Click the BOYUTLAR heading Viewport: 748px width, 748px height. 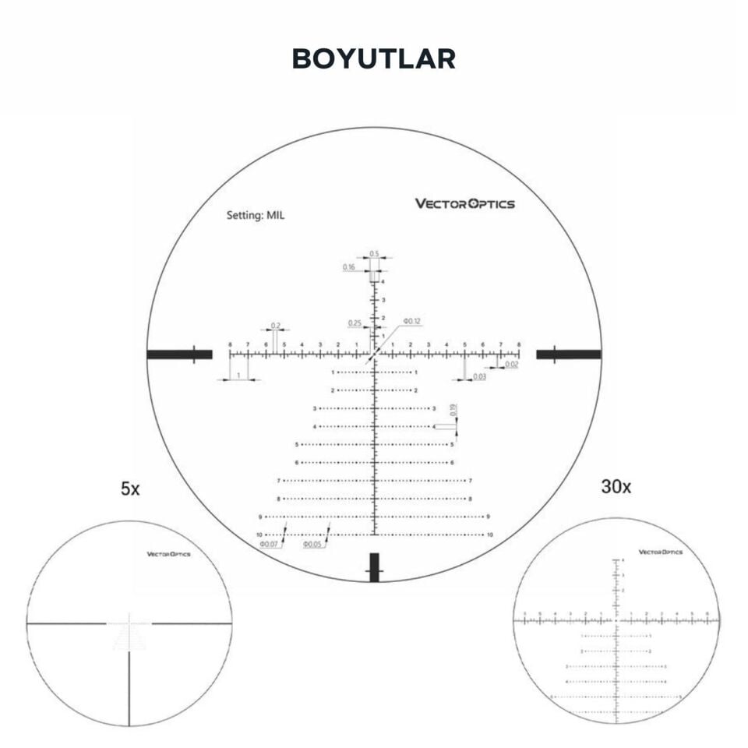(x=374, y=59)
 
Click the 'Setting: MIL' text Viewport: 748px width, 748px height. (x=256, y=215)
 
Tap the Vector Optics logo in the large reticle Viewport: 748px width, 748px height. (x=464, y=204)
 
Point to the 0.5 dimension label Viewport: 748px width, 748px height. (x=374, y=254)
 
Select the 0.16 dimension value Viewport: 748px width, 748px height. (x=348, y=267)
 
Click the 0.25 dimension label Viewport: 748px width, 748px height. (x=355, y=323)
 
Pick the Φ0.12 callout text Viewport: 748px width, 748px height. (x=411, y=322)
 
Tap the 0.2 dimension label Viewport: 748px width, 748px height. (x=276, y=325)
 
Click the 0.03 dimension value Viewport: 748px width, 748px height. (x=479, y=377)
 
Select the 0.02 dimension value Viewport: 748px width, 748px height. (x=511, y=364)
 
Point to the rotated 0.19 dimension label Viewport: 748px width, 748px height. (x=453, y=410)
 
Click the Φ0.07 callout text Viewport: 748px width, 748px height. (x=269, y=544)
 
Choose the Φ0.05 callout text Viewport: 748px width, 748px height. (x=312, y=544)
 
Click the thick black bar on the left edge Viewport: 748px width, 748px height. (x=179, y=355)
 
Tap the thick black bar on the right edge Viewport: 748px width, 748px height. (x=569, y=355)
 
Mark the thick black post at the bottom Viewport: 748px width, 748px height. (x=375, y=567)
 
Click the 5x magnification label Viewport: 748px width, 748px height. (x=130, y=489)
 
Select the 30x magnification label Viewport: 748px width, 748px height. (x=616, y=487)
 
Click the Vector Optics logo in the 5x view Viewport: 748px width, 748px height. (x=169, y=555)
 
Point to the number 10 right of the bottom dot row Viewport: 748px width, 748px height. (x=490, y=535)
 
